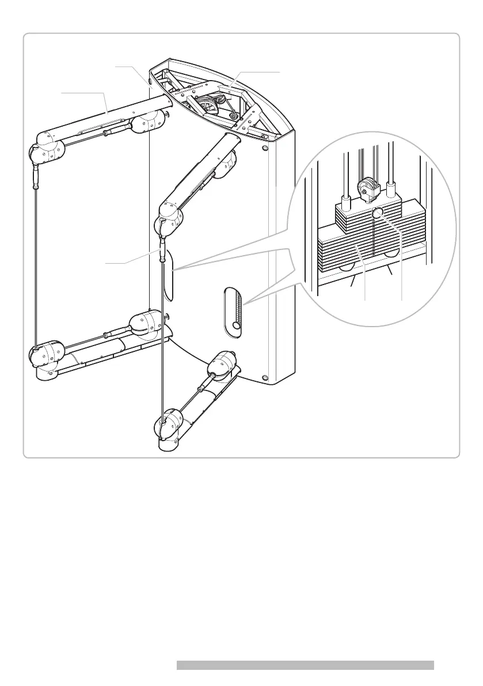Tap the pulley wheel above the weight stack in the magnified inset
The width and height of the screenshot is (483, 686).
click(x=366, y=187)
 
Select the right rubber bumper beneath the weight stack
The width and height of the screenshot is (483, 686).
click(x=393, y=253)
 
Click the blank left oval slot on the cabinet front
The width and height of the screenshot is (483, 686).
click(x=168, y=279)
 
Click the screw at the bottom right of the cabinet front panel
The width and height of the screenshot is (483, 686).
click(x=264, y=378)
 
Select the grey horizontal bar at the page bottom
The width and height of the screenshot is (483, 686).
click(x=305, y=665)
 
